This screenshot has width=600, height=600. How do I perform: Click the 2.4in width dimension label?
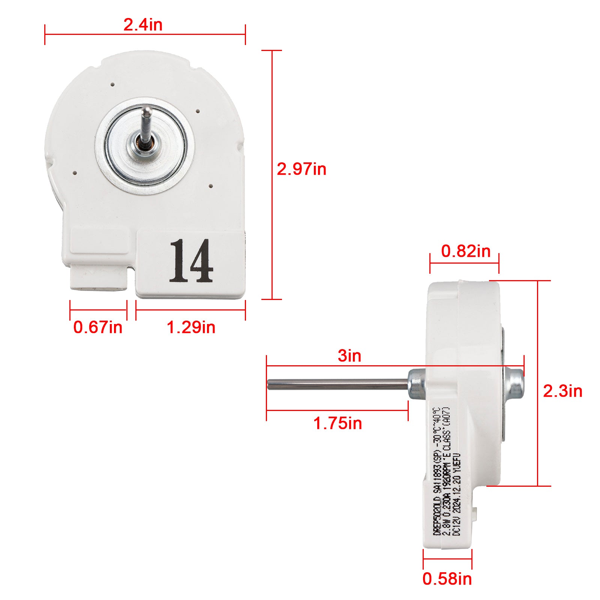click(143, 25)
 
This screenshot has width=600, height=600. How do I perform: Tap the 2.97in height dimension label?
click(301, 169)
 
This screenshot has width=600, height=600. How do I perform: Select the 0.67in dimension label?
click(97, 327)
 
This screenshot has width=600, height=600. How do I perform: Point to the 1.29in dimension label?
click(191, 327)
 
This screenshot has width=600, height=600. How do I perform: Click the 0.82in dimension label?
click(465, 251)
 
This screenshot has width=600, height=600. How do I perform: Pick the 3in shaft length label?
click(349, 355)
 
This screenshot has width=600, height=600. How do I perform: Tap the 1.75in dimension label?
click(337, 423)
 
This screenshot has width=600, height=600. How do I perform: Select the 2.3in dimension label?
click(562, 391)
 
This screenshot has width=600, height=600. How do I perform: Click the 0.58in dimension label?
click(447, 579)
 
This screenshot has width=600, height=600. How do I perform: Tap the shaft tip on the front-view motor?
click(147, 110)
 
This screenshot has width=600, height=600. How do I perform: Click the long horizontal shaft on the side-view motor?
click(337, 385)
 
